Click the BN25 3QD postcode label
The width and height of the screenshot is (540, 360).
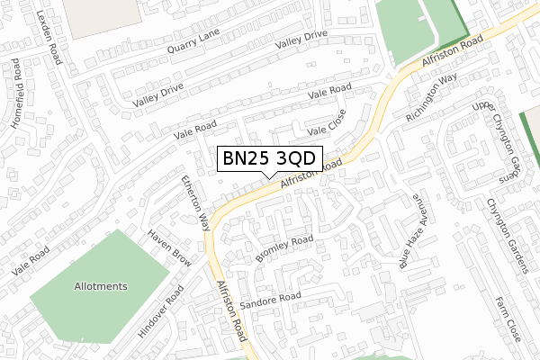tap(268, 158)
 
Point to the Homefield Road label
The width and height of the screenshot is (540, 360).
tap(24, 96)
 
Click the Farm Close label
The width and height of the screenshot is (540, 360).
tap(507, 316)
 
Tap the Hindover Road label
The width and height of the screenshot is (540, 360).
tap(161, 311)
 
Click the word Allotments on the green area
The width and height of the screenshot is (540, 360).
tap(101, 286)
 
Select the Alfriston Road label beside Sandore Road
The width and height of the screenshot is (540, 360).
tap(231, 310)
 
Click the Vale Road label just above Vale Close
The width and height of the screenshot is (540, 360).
tap(328, 93)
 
